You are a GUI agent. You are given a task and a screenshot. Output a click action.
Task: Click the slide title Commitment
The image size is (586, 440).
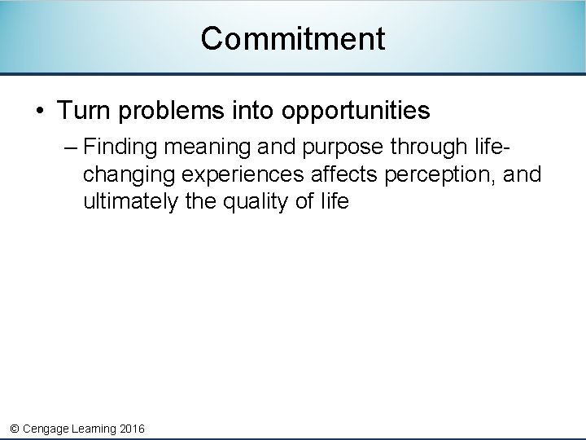click(292, 38)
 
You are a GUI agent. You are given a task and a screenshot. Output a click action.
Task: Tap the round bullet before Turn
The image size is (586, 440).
click(40, 110)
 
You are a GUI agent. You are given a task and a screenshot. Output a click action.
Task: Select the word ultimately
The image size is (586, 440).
click(131, 202)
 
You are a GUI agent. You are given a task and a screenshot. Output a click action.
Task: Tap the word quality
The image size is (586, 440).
click(256, 202)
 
